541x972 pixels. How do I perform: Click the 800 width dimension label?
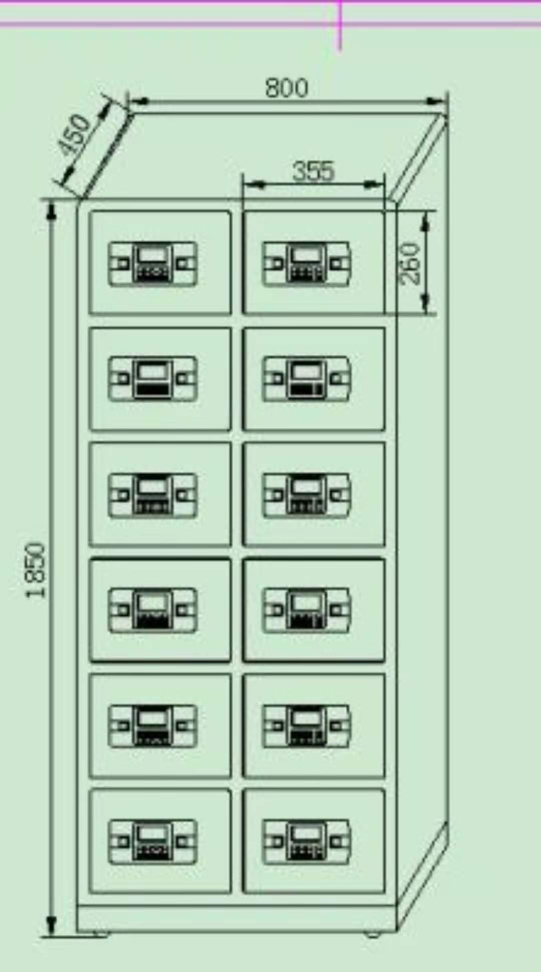(x=287, y=88)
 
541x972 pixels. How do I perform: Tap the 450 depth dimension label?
(x=74, y=134)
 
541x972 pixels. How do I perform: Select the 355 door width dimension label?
(x=313, y=171)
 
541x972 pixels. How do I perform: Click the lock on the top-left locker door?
(x=153, y=263)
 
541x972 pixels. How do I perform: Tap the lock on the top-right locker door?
(x=307, y=263)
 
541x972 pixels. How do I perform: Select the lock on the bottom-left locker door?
(x=153, y=841)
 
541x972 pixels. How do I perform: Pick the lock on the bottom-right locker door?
(x=307, y=841)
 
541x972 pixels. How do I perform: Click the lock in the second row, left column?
(x=153, y=378)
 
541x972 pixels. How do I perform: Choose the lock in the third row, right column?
(x=307, y=494)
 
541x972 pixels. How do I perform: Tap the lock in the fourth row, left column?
(x=153, y=610)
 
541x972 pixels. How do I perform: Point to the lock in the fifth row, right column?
(x=307, y=726)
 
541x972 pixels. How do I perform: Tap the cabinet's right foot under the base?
(x=372, y=934)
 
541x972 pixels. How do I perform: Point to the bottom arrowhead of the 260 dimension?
(x=425, y=303)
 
